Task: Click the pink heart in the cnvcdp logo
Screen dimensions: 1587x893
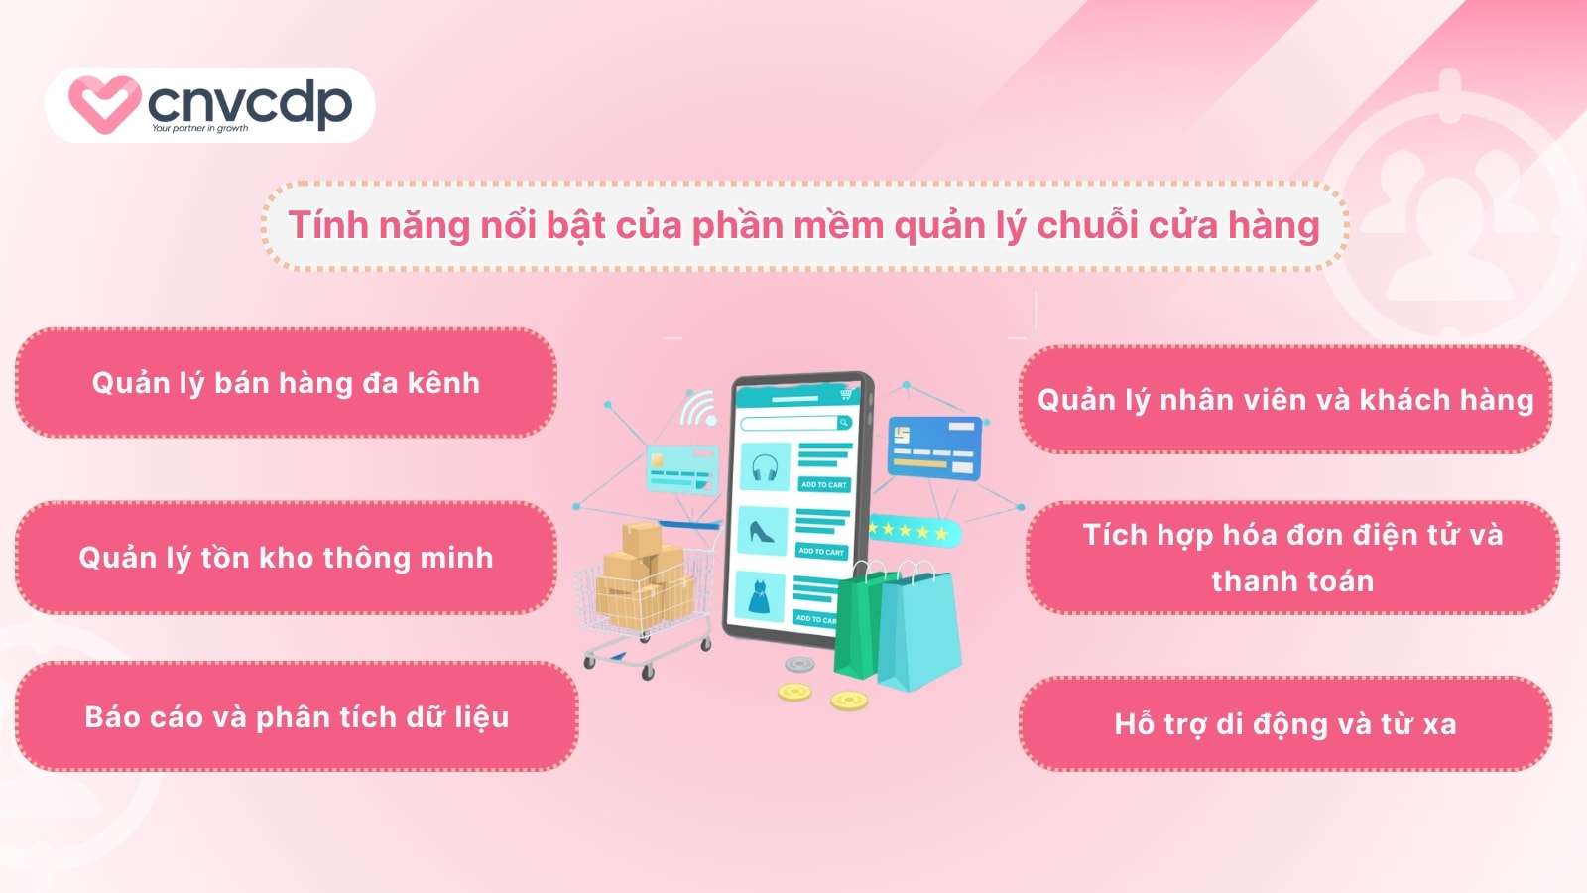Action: click(x=104, y=103)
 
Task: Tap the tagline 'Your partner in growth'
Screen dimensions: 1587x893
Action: click(x=199, y=128)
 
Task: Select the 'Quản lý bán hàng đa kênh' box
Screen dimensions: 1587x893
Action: click(x=286, y=383)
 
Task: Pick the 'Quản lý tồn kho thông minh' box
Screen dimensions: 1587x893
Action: click(x=286, y=557)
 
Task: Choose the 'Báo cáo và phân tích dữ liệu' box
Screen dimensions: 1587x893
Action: click(x=297, y=716)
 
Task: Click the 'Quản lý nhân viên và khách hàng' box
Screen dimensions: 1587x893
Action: click(x=1285, y=400)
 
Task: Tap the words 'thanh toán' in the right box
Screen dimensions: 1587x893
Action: click(x=1292, y=581)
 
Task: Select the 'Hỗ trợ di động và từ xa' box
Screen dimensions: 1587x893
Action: click(x=1285, y=723)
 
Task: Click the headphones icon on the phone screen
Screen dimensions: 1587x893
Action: click(x=765, y=467)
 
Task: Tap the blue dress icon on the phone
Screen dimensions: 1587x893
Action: click(x=761, y=596)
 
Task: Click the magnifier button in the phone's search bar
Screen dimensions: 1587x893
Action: click(x=844, y=423)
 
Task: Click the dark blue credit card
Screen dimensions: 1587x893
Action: click(x=934, y=447)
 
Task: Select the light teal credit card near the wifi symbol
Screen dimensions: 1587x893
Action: click(x=681, y=468)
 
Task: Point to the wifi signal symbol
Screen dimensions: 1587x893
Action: click(x=698, y=408)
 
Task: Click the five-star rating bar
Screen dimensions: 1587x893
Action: click(x=914, y=531)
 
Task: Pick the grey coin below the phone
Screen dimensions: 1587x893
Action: click(x=799, y=664)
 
